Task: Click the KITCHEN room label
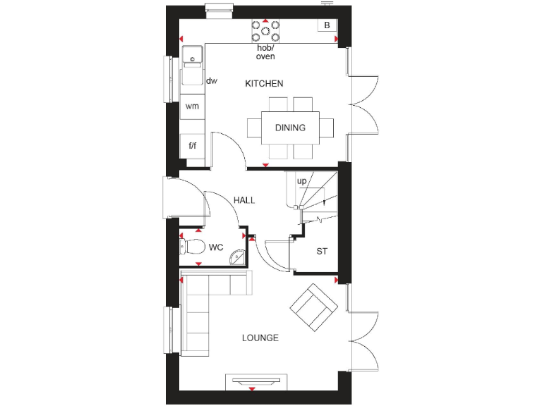point(264,84)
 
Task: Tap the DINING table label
point(290,128)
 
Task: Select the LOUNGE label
point(260,338)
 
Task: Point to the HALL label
point(244,200)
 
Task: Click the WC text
point(216,247)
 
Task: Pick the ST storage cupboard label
point(322,251)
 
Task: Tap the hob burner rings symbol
point(265,31)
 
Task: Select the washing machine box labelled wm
point(192,106)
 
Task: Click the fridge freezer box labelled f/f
point(192,146)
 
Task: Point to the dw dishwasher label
point(212,81)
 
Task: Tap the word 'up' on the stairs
point(301,182)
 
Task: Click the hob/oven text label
point(265,52)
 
